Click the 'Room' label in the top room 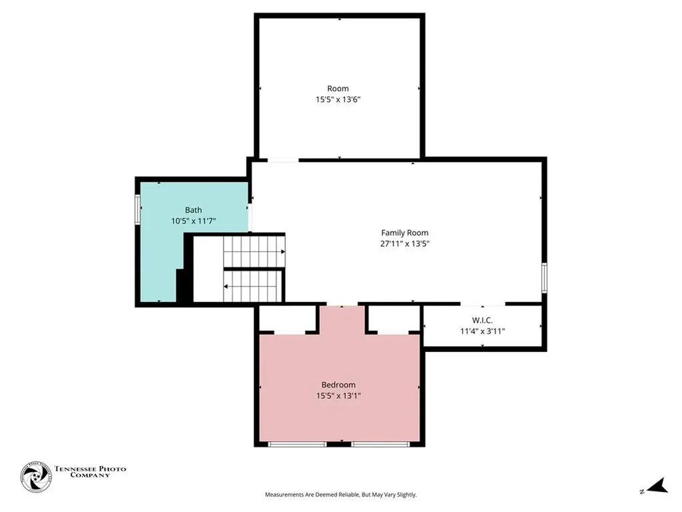(x=338, y=89)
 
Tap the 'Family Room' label (x=404, y=233)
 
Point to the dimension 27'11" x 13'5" (x=404, y=243)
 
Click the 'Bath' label (x=193, y=210)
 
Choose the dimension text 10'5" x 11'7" (x=193, y=221)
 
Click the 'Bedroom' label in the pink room (x=338, y=385)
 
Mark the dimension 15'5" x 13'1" (x=338, y=395)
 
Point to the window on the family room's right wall (x=544, y=277)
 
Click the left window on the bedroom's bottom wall (x=297, y=443)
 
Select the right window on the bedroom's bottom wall (x=380, y=443)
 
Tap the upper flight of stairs (x=253, y=251)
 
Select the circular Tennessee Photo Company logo (x=36, y=477)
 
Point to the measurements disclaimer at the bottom (x=340, y=495)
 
